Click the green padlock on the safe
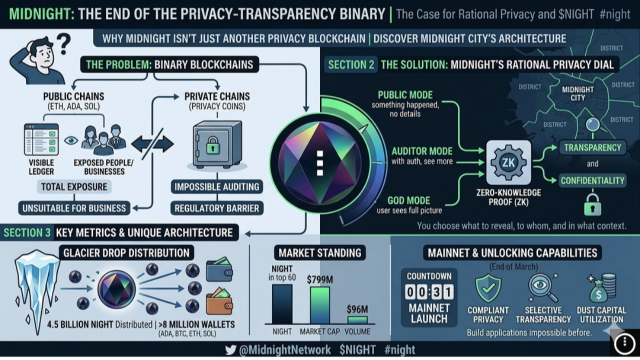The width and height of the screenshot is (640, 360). [x=213, y=145]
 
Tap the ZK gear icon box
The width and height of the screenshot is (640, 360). [x=509, y=162]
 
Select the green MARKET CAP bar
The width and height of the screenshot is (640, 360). [x=320, y=304]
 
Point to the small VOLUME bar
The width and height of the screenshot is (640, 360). [x=357, y=319]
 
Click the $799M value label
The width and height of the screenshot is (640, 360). [x=320, y=279]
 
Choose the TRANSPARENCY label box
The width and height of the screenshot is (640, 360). [x=592, y=147]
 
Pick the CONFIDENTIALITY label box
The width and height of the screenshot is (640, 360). [x=592, y=180]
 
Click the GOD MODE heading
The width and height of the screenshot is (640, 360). [x=408, y=200]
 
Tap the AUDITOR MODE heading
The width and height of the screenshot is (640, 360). [x=422, y=151]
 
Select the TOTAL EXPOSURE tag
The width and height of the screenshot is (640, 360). [x=74, y=187]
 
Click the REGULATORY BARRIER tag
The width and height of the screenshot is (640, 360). [x=216, y=208]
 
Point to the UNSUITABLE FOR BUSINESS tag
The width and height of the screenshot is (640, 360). [x=74, y=208]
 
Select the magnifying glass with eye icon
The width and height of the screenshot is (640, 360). [x=542, y=288]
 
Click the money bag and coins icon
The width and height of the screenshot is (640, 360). [x=601, y=287]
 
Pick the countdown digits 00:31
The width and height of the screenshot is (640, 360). [x=429, y=291]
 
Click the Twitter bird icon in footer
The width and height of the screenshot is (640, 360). [x=230, y=350]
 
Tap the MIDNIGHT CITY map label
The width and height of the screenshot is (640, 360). [x=577, y=93]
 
